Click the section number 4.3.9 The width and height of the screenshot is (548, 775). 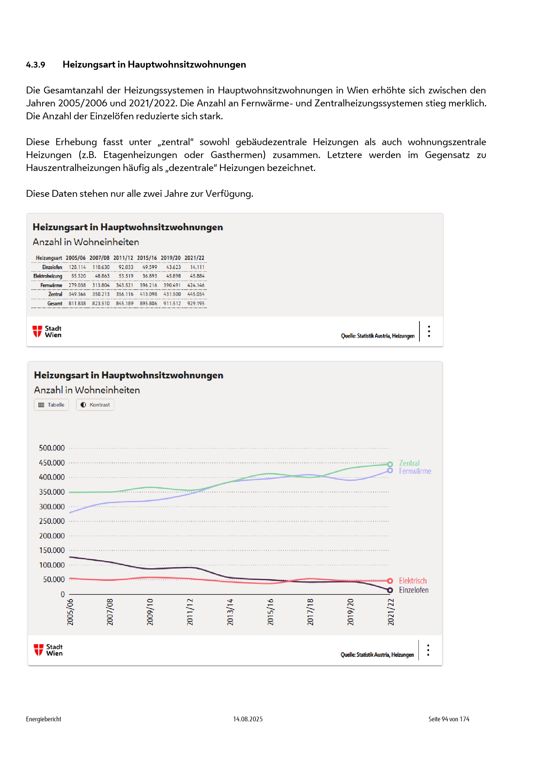coord(35,65)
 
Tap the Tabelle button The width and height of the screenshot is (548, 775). coord(51,405)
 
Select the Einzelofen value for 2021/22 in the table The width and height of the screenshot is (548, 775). coord(197,267)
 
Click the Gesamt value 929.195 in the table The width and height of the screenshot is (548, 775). coord(196,304)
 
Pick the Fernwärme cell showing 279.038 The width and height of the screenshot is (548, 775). coord(77,285)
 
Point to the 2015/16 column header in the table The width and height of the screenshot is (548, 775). coord(147,258)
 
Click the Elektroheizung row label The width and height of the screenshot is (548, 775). coord(48,276)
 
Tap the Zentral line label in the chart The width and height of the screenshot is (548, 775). coord(409,463)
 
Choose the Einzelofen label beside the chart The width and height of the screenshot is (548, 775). coord(414,590)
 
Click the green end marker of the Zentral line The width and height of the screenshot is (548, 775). coord(390,464)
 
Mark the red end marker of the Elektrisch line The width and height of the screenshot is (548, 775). coord(390,581)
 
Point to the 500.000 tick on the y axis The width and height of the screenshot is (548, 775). coord(52,448)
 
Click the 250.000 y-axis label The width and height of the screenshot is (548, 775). coord(52,521)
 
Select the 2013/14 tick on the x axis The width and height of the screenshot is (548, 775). coord(230,612)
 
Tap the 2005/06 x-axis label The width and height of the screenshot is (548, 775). coord(70,612)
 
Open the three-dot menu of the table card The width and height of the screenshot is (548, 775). coord(429,331)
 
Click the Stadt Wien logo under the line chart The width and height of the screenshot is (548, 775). coord(48,650)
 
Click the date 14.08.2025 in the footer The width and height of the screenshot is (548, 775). coord(248,719)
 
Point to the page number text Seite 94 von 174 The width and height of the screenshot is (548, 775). coord(449,719)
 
